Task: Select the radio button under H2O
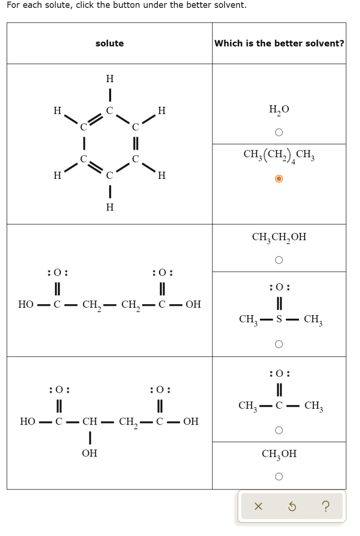tap(279, 132)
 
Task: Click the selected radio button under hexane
tap(279, 179)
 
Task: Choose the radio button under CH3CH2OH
tap(279, 260)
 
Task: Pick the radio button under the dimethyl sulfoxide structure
tap(279, 344)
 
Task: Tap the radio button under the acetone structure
tap(279, 430)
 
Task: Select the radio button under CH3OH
tap(279, 476)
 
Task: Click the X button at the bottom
tap(257, 506)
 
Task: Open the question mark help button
tap(326, 506)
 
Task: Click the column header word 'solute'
tap(109, 43)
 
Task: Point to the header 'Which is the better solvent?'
tap(279, 43)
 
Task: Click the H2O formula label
tap(279, 109)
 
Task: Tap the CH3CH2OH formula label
tap(279, 237)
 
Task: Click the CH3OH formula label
tap(279, 454)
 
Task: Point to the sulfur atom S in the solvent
tap(279, 319)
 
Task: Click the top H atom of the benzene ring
tap(109, 79)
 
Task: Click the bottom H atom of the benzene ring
tap(109, 207)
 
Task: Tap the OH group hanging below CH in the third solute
tap(89, 453)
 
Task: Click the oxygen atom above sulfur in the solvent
tap(279, 287)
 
